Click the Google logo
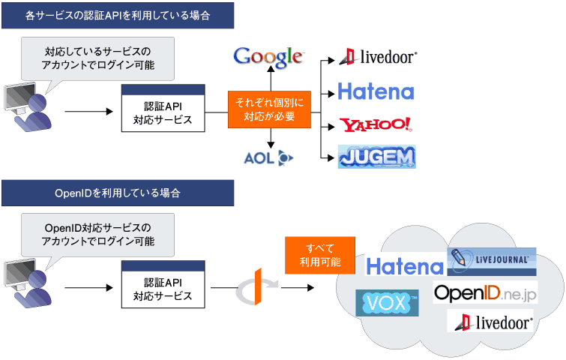tap(268, 57)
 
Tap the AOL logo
tap(268, 157)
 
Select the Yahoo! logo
tap(376, 124)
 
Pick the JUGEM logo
tap(377, 157)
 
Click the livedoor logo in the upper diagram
tap(379, 57)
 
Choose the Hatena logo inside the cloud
tap(405, 266)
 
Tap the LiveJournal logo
tap(492, 262)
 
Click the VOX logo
tap(387, 302)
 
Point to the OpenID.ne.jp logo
tap(485, 292)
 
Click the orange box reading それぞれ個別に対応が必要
tap(269, 109)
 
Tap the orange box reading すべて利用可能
tap(320, 255)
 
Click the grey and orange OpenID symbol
tap(256, 287)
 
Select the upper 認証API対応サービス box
tap(163, 108)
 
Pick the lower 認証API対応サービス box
tap(163, 284)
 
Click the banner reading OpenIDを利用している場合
tap(118, 193)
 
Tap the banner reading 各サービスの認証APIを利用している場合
tap(118, 16)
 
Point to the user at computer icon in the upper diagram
tap(28, 107)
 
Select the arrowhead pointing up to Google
tap(271, 68)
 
